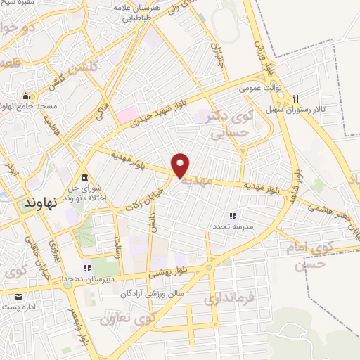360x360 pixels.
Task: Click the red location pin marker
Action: pos(181,165)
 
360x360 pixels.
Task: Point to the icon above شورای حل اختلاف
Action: pos(84,176)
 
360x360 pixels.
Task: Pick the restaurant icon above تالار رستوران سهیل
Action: pos(296,99)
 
